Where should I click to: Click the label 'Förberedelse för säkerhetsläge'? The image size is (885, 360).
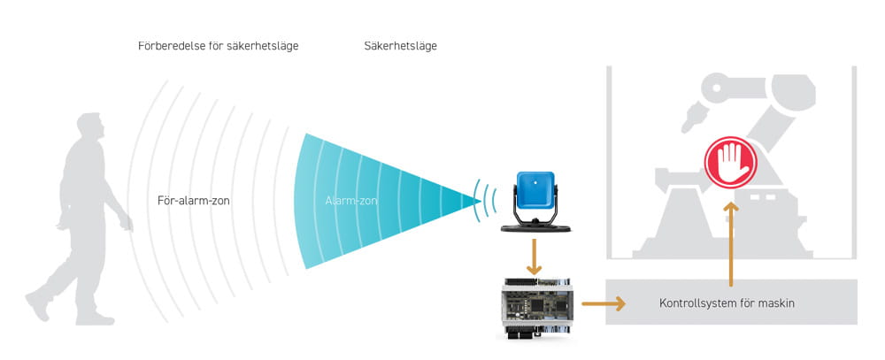click(219, 45)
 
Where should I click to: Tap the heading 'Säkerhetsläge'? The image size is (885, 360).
click(400, 45)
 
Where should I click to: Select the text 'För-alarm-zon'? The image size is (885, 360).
click(194, 201)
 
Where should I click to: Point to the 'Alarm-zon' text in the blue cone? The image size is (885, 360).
click(351, 202)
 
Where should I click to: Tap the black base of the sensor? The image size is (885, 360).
click(535, 228)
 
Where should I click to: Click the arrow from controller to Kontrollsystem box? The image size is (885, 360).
click(604, 303)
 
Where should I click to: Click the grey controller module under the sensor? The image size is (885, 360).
click(535, 305)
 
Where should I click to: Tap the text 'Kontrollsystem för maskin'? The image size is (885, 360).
click(727, 303)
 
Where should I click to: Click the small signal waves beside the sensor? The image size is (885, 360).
click(481, 201)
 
